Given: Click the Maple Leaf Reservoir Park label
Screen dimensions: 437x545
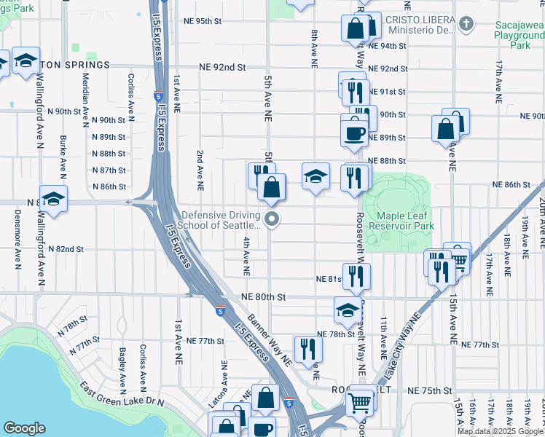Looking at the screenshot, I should pos(405,219).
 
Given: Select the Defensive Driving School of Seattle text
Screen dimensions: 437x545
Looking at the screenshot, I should pos(221,220).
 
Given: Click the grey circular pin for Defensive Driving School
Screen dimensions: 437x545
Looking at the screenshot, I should pos(272,219).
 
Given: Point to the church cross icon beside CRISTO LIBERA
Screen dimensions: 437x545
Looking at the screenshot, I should pos(466,24).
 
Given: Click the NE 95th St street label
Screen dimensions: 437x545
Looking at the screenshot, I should pos(203,21).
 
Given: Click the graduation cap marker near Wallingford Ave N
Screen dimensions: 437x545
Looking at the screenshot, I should pos(53,197).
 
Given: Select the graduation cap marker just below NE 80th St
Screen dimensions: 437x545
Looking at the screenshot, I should pos(348,310).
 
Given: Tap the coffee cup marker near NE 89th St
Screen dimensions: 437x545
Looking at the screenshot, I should pos(355,133).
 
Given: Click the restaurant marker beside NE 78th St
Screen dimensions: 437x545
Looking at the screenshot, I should pos(307,349).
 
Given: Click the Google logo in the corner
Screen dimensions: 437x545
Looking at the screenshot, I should pos(24,428).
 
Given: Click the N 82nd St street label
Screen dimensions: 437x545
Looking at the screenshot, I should pos(66,249).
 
